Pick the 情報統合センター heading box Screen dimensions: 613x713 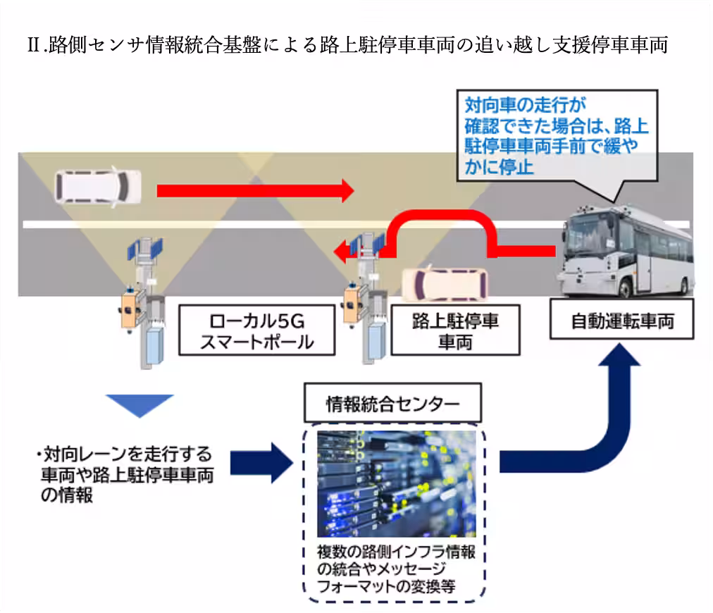(392, 404)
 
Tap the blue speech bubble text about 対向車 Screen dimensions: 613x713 (556, 137)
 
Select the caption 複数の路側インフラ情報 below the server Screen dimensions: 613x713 (395, 553)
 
